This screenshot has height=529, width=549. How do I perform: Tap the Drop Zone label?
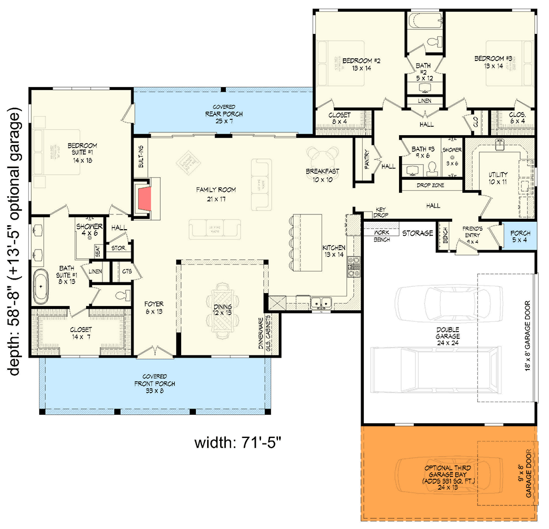431,186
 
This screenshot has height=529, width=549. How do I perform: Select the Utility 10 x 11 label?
498,179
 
